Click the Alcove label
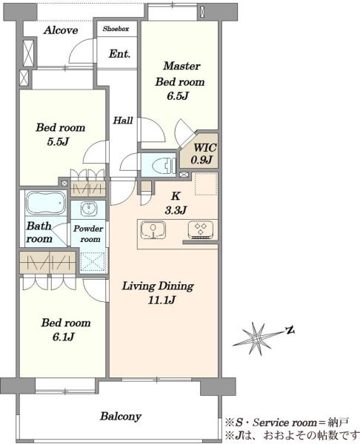61,30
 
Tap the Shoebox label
116,29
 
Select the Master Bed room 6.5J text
180,81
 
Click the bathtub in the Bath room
45,203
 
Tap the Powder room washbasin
88,209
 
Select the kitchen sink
153,229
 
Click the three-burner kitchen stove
201,229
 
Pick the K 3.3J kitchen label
176,203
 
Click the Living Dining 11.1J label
159,293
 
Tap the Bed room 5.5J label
61,134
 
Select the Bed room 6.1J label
65,329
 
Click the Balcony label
121,416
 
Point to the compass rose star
256,339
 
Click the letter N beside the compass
290,330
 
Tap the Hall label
123,121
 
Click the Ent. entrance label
119,54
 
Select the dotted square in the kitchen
206,184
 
